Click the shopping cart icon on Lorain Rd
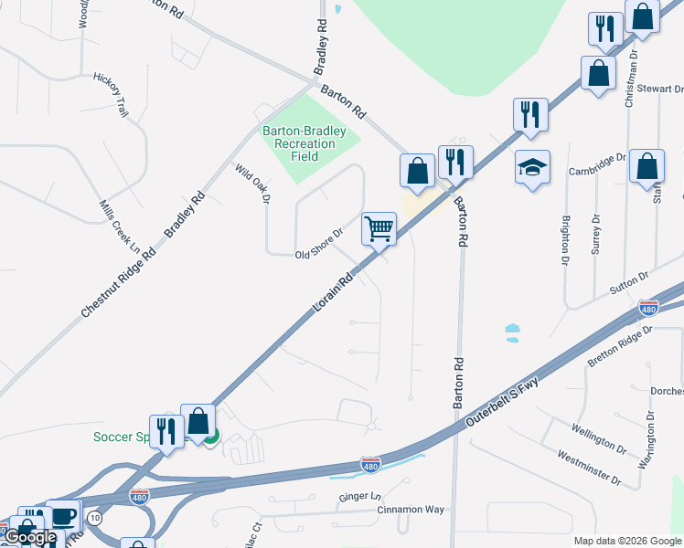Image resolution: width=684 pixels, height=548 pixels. click(379, 228)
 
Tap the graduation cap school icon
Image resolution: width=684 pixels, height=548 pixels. click(532, 167)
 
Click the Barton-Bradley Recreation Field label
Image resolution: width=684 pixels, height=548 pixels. click(305, 143)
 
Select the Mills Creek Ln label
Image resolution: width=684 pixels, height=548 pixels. click(120, 227)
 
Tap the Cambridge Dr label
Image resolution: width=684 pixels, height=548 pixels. click(596, 164)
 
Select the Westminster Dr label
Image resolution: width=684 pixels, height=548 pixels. click(589, 469)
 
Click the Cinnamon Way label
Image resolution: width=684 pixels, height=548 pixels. click(411, 510)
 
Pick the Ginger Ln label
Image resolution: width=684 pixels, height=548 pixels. click(359, 496)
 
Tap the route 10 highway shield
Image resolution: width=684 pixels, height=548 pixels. click(95, 518)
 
